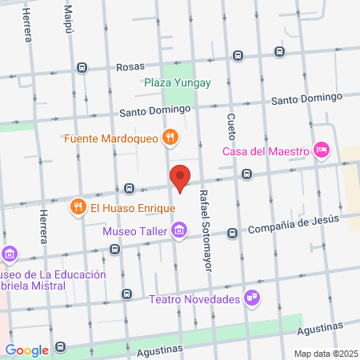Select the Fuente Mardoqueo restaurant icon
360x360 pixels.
[170, 138]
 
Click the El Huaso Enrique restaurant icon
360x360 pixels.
[78, 207]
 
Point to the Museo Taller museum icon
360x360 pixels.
[179, 232]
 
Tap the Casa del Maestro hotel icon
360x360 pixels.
[322, 150]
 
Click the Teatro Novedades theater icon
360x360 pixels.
[253, 298]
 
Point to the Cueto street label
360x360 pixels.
[231, 126]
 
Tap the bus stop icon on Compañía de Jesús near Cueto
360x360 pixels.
[232, 233]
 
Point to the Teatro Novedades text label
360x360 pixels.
[194, 299]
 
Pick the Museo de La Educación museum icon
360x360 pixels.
[10, 255]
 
